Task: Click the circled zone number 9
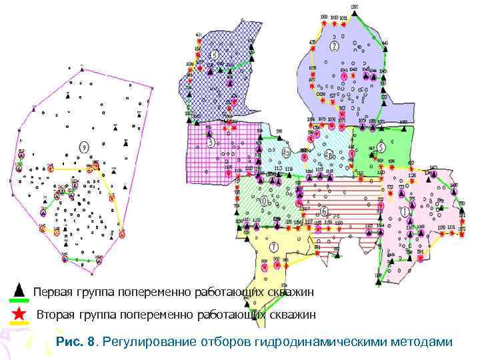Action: (83, 147)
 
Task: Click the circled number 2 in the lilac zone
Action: (334, 45)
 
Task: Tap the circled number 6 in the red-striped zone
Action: (324, 211)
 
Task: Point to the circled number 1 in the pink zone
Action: (405, 211)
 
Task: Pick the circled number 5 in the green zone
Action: (380, 147)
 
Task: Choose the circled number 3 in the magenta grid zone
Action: (211, 142)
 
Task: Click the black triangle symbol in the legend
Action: (19, 290)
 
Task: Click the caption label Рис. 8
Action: (77, 342)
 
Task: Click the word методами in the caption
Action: (421, 342)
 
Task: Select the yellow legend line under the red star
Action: (20, 323)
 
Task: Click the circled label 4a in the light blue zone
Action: (285, 152)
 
